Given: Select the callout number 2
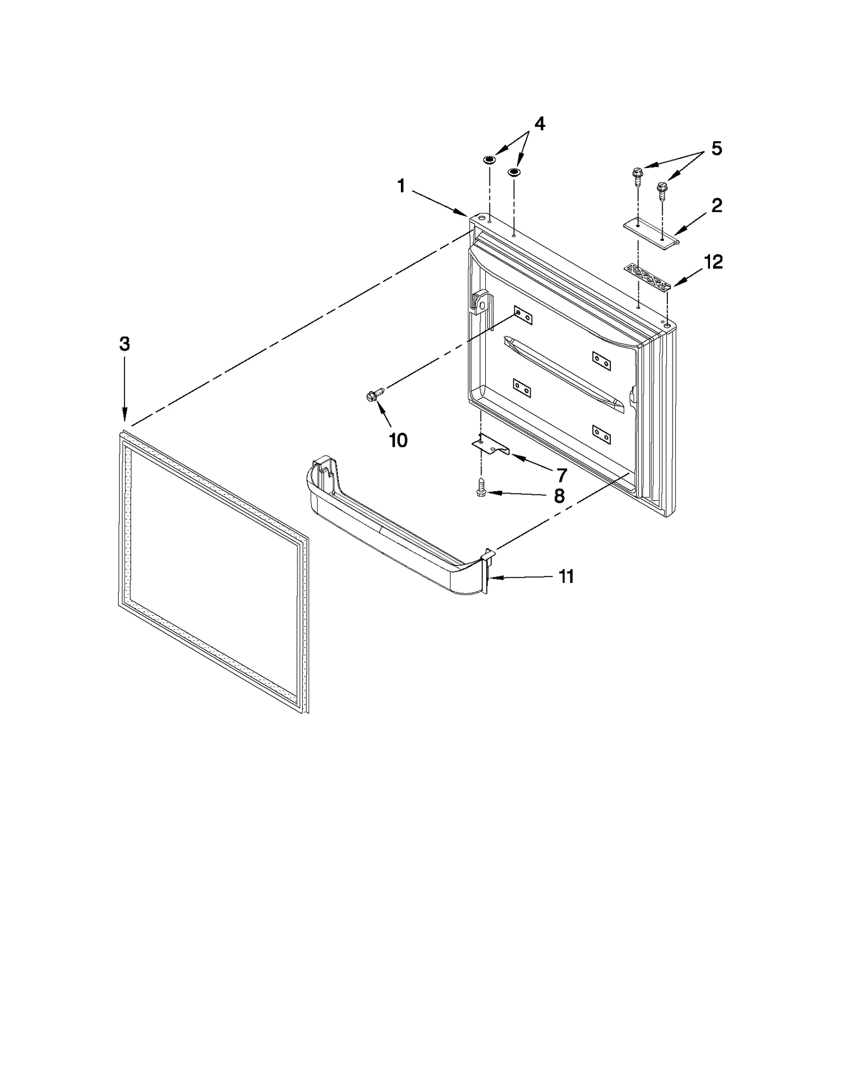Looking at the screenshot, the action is pyautogui.click(x=716, y=206).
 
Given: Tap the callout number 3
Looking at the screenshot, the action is pyautogui.click(x=124, y=344).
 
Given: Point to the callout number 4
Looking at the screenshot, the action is pyautogui.click(x=539, y=124).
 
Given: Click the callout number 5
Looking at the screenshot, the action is pyautogui.click(x=716, y=149).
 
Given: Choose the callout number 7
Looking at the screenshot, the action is pyautogui.click(x=560, y=475).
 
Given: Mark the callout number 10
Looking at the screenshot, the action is pyautogui.click(x=398, y=440).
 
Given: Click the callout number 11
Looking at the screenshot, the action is pyautogui.click(x=566, y=577).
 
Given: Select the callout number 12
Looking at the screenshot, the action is pyautogui.click(x=713, y=262).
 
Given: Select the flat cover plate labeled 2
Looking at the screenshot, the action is pyautogui.click(x=650, y=232).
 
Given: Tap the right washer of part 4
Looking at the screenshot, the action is pyautogui.click(x=513, y=172).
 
